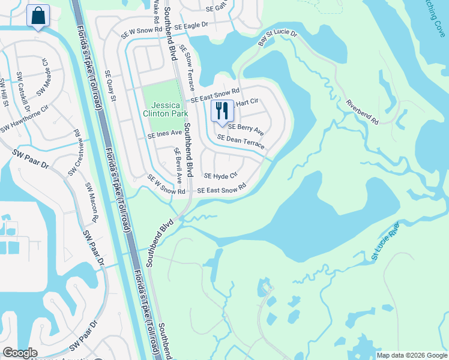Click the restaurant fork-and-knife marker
coord(222,111)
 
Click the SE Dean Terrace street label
coord(241,142)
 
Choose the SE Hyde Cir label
coord(221,176)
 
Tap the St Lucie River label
coord(385,241)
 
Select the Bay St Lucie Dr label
coord(277,38)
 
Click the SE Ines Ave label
coord(164,134)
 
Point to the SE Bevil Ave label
coord(178,166)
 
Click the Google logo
coord(20,353)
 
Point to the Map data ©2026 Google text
coord(412,355)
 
